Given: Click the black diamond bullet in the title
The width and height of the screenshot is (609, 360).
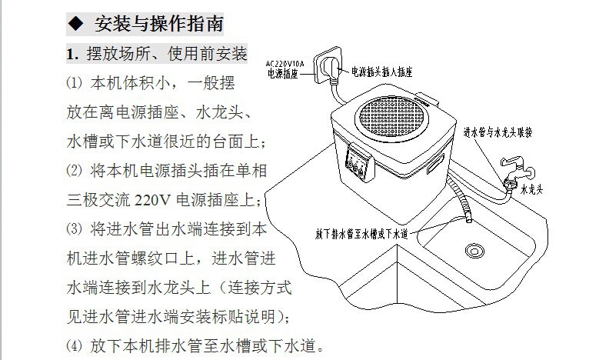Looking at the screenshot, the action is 75,24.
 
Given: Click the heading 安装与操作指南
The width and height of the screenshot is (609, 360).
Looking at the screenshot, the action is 159,24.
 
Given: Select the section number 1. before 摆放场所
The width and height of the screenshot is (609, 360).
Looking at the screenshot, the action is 72,54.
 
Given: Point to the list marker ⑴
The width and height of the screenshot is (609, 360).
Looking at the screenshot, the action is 74,83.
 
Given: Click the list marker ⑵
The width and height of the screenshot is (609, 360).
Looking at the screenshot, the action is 74,171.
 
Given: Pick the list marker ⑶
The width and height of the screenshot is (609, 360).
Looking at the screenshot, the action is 74,229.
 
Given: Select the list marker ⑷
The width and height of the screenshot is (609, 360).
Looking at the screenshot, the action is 74,345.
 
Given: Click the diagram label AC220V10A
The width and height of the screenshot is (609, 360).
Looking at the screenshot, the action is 285,64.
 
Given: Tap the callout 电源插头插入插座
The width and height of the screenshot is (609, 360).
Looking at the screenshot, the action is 381,72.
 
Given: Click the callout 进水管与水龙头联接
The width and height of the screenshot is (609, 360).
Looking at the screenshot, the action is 498,132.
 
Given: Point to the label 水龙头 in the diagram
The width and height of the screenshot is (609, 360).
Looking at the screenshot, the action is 531,189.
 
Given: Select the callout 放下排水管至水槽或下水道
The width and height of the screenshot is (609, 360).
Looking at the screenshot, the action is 361,234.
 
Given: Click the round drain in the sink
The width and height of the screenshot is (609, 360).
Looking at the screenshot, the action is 474,251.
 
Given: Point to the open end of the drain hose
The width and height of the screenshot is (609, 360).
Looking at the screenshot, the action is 469,220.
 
